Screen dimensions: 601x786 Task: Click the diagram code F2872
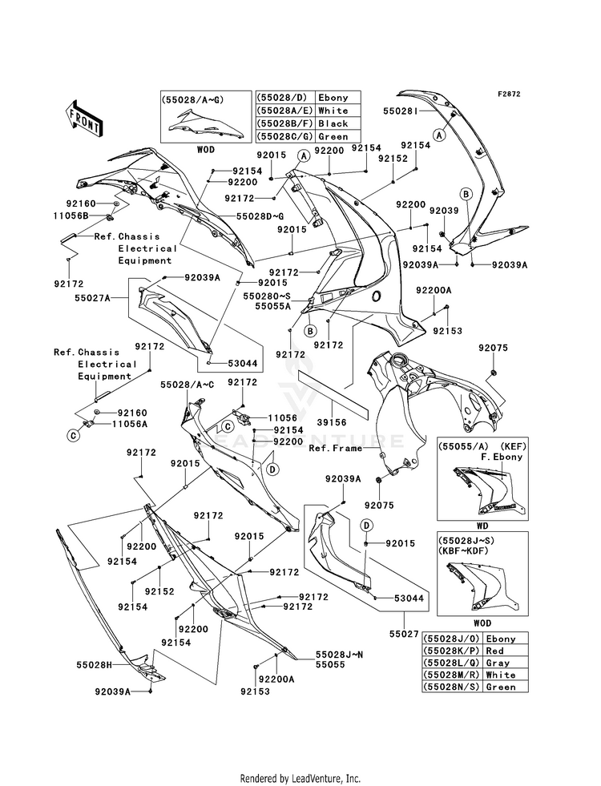[x=509, y=94]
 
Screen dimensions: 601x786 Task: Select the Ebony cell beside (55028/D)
[x=333, y=97]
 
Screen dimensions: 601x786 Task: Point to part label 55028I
[x=401, y=111]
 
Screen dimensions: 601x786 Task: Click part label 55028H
[x=94, y=665]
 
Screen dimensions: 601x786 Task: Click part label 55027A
[x=92, y=298]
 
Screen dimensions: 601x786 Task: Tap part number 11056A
[x=130, y=424]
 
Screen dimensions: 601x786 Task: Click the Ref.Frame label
[x=335, y=448]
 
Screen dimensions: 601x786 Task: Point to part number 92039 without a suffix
[x=444, y=211]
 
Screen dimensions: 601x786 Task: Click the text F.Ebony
[x=502, y=457]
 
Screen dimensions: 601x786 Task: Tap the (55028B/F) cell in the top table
[x=284, y=123]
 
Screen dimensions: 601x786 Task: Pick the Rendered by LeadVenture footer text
[x=300, y=778]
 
